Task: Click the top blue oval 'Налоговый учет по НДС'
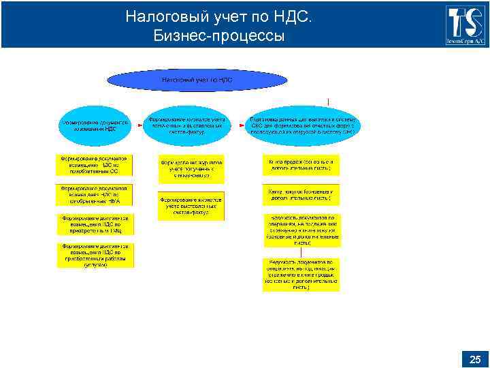tap(197, 80)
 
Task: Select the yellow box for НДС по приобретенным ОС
tap(95, 165)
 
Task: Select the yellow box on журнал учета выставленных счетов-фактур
tap(191, 205)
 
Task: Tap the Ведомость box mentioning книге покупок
tap(301, 230)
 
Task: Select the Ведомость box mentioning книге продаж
tap(300, 275)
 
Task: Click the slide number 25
tap(474, 360)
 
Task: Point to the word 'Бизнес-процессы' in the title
tap(219, 35)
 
